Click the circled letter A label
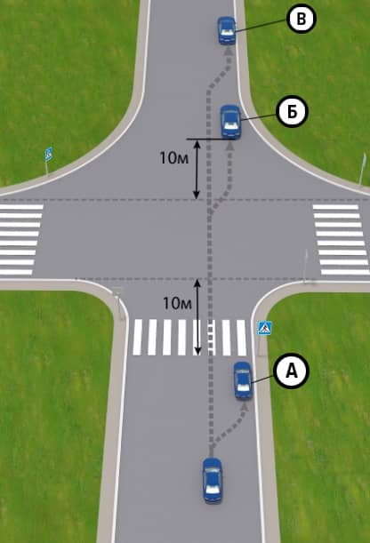point(291,371)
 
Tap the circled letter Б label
point(292,112)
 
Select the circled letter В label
point(301,19)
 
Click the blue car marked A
point(243,380)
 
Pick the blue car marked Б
point(230,122)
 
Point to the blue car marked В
point(227,30)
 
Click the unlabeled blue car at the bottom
point(212,480)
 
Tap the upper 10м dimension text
point(174,158)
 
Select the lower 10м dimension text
point(177,303)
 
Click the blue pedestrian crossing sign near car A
point(265,328)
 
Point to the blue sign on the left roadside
point(49,154)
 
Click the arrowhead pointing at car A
point(245,407)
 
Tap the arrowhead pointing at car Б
point(230,147)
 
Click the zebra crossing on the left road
point(20,240)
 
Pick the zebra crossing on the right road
point(342,240)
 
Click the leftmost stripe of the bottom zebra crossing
point(138,338)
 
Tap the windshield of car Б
point(230,124)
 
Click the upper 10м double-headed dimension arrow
point(197,169)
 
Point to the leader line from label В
point(261,26)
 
